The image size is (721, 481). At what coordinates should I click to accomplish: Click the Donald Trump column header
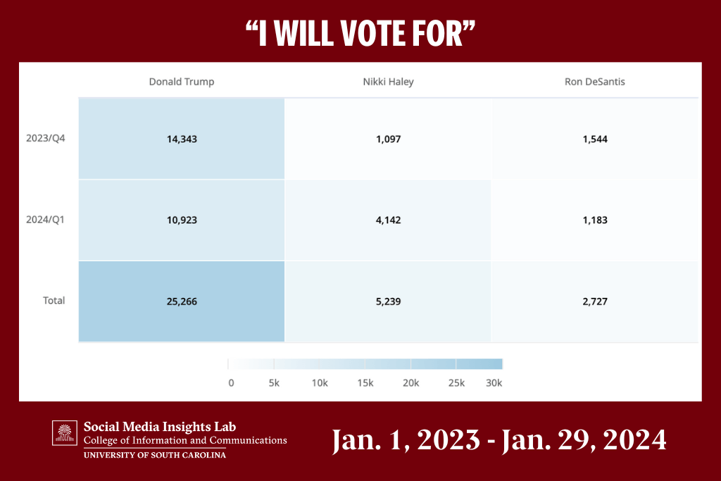click(x=181, y=82)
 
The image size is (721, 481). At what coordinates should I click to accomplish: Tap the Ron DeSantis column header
click(x=594, y=82)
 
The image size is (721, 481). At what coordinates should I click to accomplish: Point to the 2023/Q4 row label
click(x=45, y=138)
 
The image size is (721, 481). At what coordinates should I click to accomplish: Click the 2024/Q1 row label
click(x=45, y=219)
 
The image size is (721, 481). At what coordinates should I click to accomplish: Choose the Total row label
click(x=54, y=301)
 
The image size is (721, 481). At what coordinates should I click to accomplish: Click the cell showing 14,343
click(x=181, y=139)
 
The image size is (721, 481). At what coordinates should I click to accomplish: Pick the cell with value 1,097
click(x=388, y=139)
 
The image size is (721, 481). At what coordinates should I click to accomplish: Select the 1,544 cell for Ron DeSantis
click(x=595, y=139)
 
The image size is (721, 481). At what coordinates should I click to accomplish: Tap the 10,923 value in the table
click(x=181, y=220)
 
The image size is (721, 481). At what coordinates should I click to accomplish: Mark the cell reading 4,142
click(x=388, y=220)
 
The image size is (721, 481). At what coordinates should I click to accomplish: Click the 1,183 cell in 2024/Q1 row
click(x=595, y=220)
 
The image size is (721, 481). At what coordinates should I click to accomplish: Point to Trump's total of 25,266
click(x=181, y=301)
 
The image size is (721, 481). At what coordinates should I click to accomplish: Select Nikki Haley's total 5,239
click(x=388, y=301)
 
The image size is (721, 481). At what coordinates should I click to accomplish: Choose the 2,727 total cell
click(x=595, y=301)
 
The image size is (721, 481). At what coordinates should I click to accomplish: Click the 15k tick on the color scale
click(x=365, y=383)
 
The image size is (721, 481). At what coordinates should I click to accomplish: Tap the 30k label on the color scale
click(x=494, y=383)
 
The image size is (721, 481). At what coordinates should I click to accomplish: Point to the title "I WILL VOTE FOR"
click(x=360, y=33)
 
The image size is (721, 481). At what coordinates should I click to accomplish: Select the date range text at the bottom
click(x=499, y=440)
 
